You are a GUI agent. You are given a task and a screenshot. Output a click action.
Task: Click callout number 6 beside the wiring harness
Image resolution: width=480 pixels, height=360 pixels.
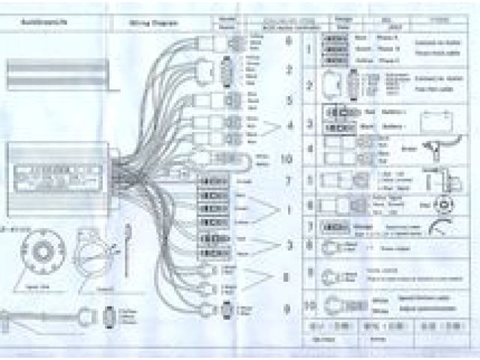[287, 41]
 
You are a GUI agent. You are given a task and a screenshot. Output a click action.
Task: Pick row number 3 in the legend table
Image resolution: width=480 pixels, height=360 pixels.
[309, 121]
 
